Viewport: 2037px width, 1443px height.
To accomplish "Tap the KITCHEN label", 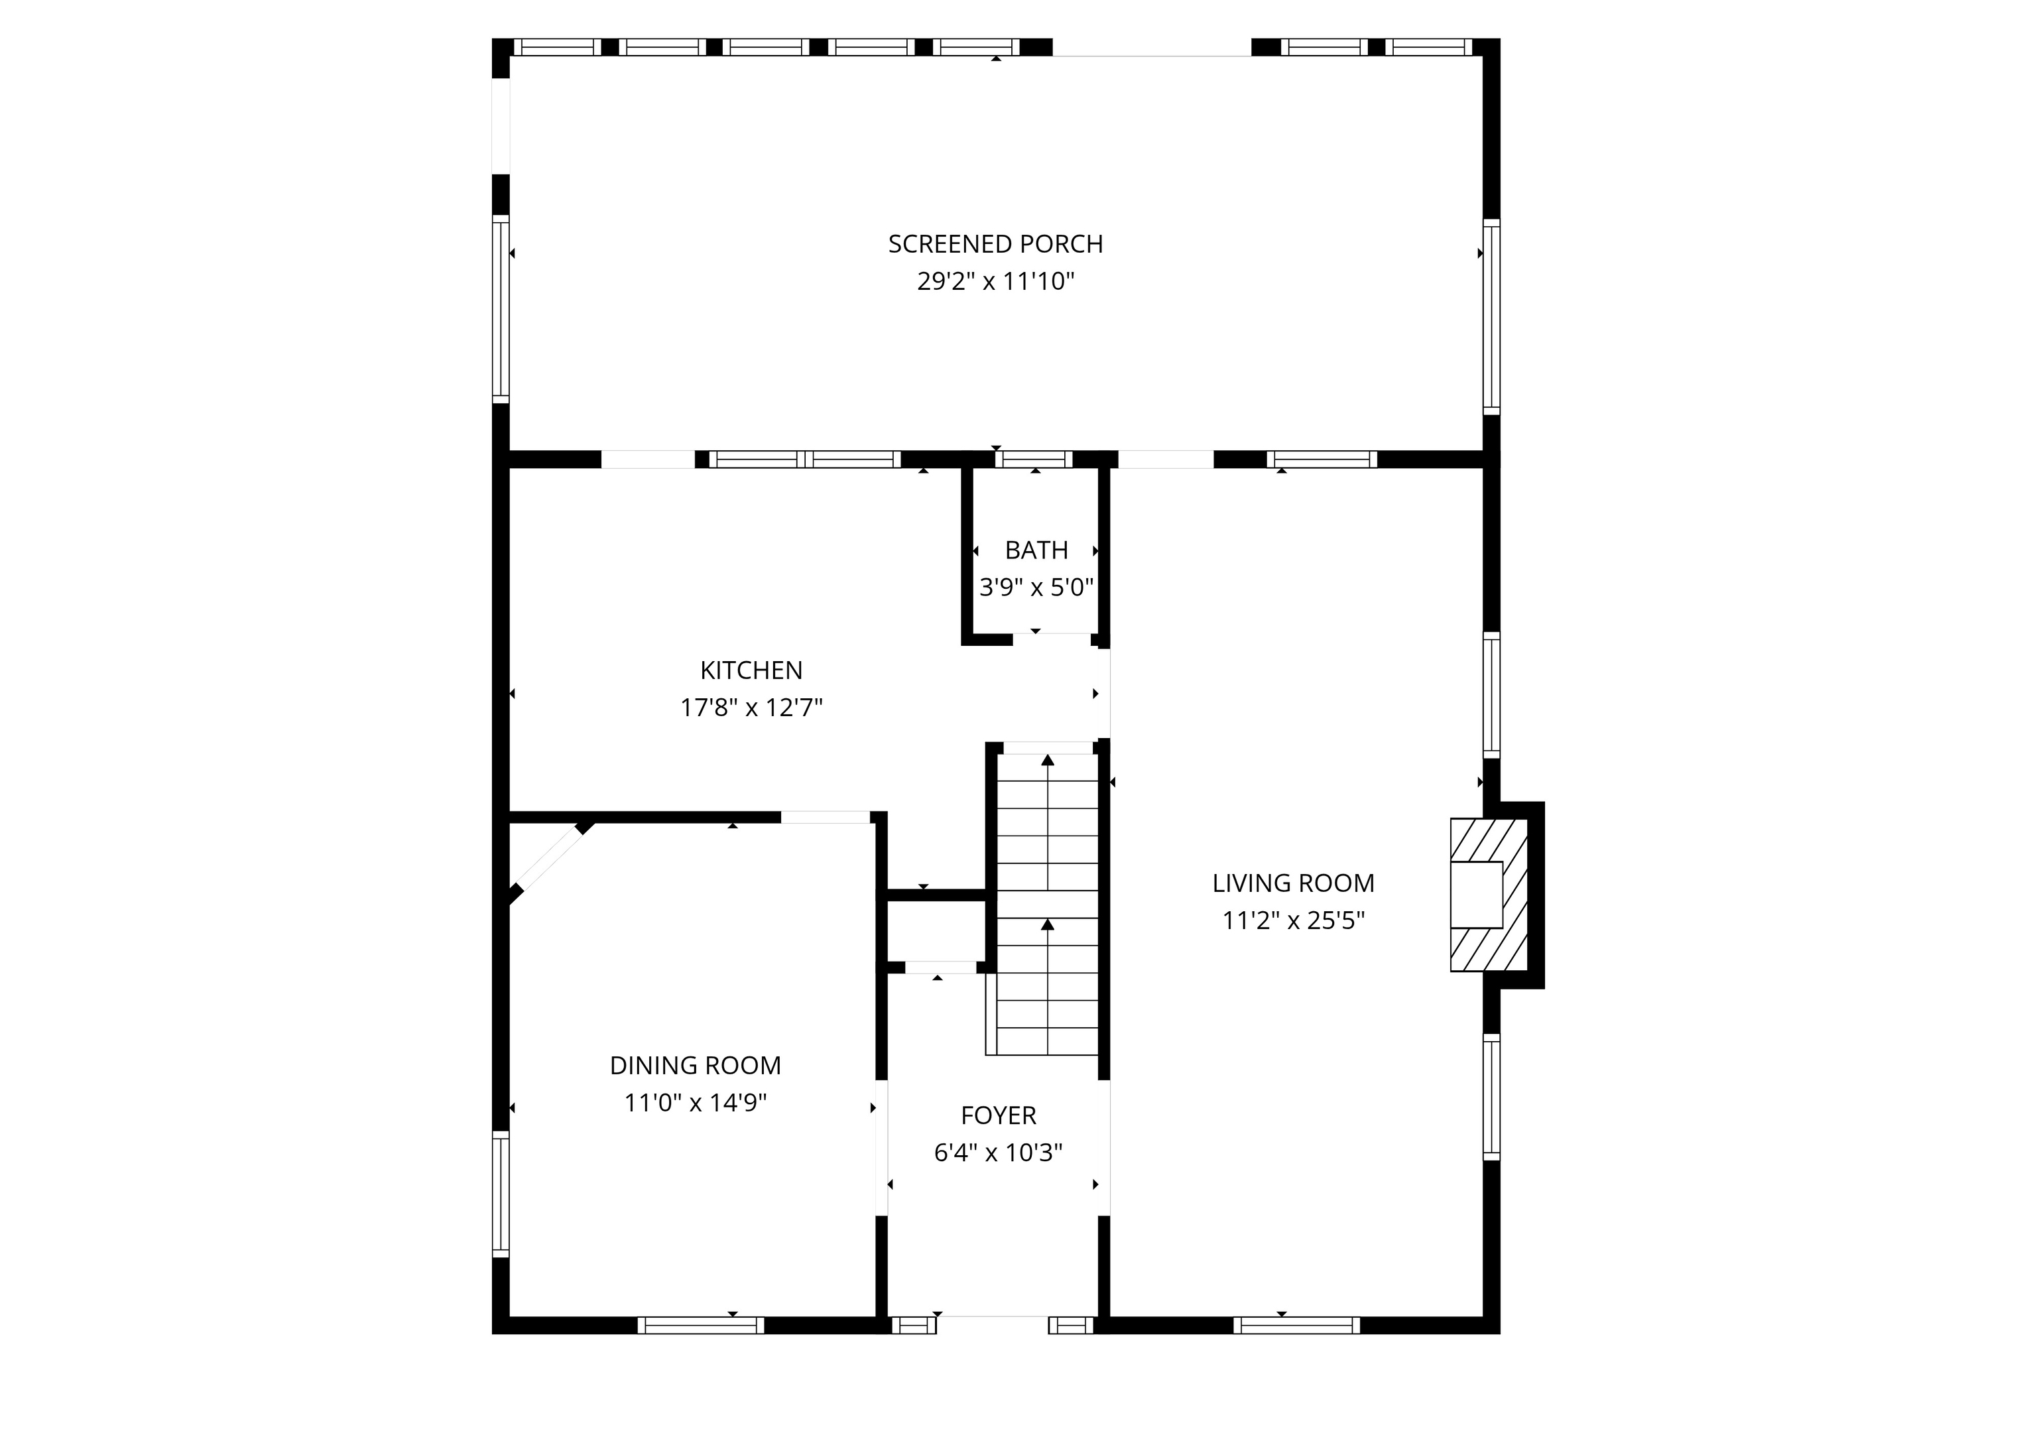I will click(x=751, y=670).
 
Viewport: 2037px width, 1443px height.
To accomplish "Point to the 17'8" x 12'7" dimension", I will click(x=751, y=708).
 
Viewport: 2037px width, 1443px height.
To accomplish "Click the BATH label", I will click(x=1036, y=550).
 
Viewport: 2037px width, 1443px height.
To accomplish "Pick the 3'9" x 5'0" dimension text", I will click(x=1036, y=588).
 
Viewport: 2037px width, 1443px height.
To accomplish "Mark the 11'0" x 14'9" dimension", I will click(x=695, y=1103).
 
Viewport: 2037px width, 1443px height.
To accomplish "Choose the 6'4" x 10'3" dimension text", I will click(x=998, y=1153).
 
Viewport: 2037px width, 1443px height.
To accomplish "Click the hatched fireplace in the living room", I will click(x=1489, y=894).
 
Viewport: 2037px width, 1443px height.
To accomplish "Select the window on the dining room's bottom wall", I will click(x=700, y=1326).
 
